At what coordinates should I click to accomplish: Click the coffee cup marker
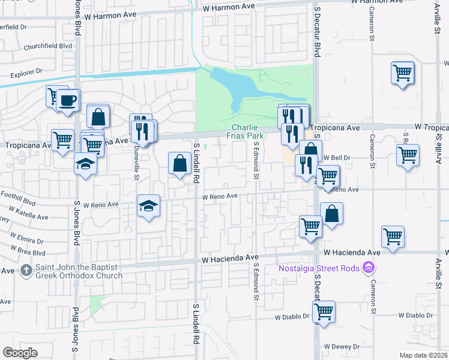pyautogui.click(x=68, y=100)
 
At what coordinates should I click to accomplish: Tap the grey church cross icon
pyautogui.click(x=26, y=271)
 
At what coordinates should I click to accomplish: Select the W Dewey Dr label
pyautogui.click(x=342, y=347)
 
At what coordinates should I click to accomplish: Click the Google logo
pyautogui.click(x=20, y=353)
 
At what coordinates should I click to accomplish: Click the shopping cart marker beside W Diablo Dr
pyautogui.click(x=324, y=312)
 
